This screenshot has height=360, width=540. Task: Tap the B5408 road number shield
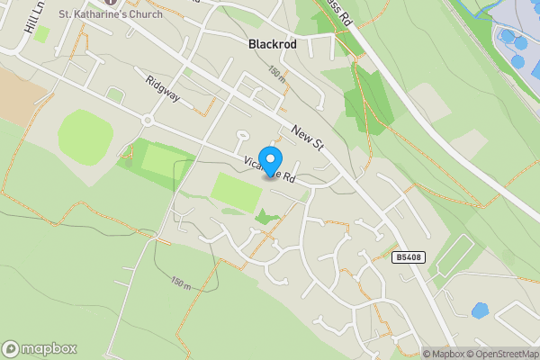tap(407, 257)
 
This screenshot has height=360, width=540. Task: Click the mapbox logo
tap(39, 348)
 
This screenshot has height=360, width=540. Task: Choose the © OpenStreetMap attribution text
tap(500, 354)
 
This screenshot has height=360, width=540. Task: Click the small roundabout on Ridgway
tap(147, 120)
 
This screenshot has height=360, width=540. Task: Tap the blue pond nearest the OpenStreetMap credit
tap(480, 310)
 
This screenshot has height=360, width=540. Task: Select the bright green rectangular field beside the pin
tap(237, 192)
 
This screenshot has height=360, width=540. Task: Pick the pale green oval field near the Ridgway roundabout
tap(85, 136)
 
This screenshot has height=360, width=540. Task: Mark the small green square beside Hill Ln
tap(41, 33)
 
